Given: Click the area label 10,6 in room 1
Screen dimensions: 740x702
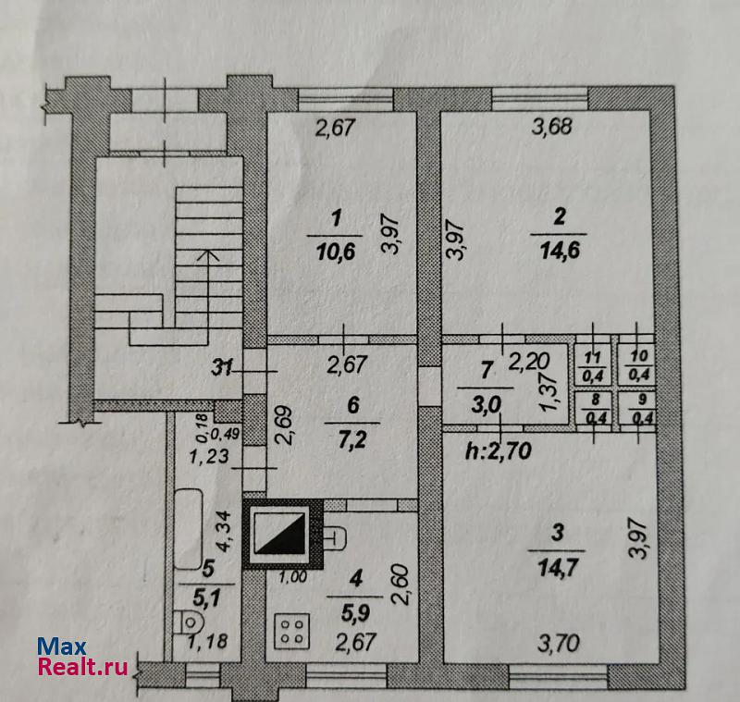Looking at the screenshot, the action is pyautogui.click(x=336, y=252).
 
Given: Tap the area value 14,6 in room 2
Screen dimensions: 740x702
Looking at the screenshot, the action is pyautogui.click(x=560, y=251).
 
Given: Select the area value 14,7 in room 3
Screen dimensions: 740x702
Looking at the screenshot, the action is pyautogui.click(x=558, y=568).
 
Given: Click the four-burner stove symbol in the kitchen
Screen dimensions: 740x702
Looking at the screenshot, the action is pyautogui.click(x=292, y=631).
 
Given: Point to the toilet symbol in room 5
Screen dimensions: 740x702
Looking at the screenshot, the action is pyautogui.click(x=188, y=622).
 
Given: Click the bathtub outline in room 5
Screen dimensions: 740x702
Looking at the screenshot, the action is pyautogui.click(x=189, y=529).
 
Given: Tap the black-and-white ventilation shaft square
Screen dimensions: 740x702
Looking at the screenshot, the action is pyautogui.click(x=283, y=534).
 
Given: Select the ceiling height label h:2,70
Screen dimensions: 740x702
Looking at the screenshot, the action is pyautogui.click(x=499, y=451).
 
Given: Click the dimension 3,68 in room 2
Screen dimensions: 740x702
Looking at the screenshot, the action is pyautogui.click(x=551, y=127).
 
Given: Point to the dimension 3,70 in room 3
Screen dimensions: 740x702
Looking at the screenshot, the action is pyautogui.click(x=559, y=643).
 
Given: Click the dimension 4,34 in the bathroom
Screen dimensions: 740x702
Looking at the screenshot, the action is pyautogui.click(x=223, y=531).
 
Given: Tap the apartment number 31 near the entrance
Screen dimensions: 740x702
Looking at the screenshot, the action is pyautogui.click(x=222, y=366).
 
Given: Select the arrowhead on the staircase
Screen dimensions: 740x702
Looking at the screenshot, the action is pyautogui.click(x=207, y=255).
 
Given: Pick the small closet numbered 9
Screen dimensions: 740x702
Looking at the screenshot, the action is pyautogui.click(x=638, y=409).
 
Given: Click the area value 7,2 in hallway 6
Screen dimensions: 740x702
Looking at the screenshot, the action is pyautogui.click(x=352, y=440).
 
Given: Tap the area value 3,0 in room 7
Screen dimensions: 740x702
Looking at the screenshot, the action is pyautogui.click(x=486, y=405).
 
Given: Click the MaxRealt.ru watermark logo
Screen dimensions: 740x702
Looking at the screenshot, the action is pyautogui.click(x=83, y=657).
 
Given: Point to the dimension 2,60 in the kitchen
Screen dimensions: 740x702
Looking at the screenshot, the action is pyautogui.click(x=400, y=584).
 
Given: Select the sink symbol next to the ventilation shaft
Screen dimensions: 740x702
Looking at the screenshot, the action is pyautogui.click(x=335, y=536).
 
